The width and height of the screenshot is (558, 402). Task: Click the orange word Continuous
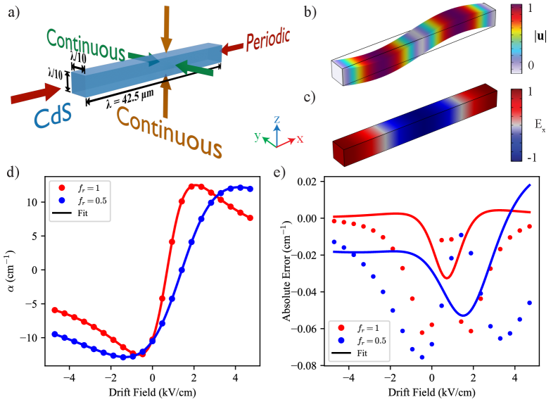(x=169, y=131)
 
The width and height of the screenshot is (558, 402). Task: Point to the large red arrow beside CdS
(x=35, y=93)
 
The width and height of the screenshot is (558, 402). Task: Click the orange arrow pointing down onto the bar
(x=166, y=28)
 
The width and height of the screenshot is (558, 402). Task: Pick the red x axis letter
(x=300, y=139)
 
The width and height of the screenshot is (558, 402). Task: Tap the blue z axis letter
(x=277, y=119)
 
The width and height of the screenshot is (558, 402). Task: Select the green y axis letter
(x=258, y=136)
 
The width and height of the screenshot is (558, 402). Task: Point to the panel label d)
(x=13, y=172)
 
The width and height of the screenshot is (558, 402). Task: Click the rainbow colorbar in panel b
(x=516, y=38)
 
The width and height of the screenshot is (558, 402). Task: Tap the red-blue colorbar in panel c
(x=517, y=125)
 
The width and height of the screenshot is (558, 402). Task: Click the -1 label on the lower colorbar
(x=531, y=157)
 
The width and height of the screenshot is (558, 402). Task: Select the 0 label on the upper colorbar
(x=531, y=65)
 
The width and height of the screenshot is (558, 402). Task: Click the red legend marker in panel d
(x=61, y=189)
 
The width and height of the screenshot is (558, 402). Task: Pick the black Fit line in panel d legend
(x=62, y=212)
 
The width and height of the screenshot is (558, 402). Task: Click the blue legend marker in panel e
(x=341, y=340)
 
